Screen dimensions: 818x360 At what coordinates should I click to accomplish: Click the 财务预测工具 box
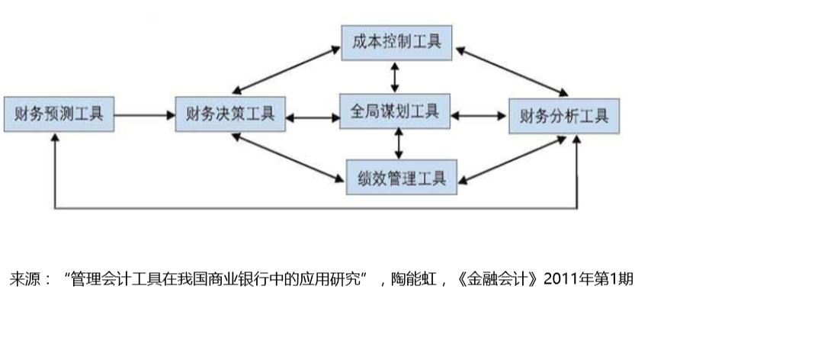pyautogui.click(x=59, y=114)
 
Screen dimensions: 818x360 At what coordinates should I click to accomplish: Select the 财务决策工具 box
pyautogui.click(x=230, y=114)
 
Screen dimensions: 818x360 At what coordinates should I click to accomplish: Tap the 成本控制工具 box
pyautogui.click(x=396, y=43)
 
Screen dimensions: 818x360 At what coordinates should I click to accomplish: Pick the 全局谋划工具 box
pyautogui.click(x=395, y=111)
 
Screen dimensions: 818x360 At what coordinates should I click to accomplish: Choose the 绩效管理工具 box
pyautogui.click(x=402, y=178)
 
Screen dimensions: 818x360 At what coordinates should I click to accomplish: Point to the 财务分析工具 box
pyautogui.click(x=564, y=116)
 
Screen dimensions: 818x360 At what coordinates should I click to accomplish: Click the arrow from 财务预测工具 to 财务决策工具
pyautogui.click(x=145, y=114)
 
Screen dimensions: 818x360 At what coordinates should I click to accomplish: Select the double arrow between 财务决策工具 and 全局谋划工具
pyautogui.click(x=313, y=118)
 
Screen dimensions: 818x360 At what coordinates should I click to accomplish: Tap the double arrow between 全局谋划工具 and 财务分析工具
pyautogui.click(x=479, y=116)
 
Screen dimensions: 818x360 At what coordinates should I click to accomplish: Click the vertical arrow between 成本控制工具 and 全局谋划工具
pyautogui.click(x=395, y=77)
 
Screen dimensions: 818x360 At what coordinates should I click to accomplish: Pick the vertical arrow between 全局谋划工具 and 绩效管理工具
pyautogui.click(x=399, y=143)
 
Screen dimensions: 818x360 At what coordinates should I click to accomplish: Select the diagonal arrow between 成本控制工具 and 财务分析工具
pyautogui.click(x=512, y=72)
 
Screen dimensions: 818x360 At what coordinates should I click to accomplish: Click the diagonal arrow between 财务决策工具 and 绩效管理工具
pyautogui.click(x=287, y=158)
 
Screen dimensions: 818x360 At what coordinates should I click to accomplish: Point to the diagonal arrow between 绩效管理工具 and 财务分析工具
pyautogui.click(x=512, y=160)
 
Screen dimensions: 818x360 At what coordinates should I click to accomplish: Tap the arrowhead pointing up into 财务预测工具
pyautogui.click(x=55, y=137)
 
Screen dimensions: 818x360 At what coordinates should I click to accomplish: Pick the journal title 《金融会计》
pyautogui.click(x=498, y=279)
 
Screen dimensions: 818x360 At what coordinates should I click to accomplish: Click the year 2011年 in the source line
pyautogui.click(x=568, y=279)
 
